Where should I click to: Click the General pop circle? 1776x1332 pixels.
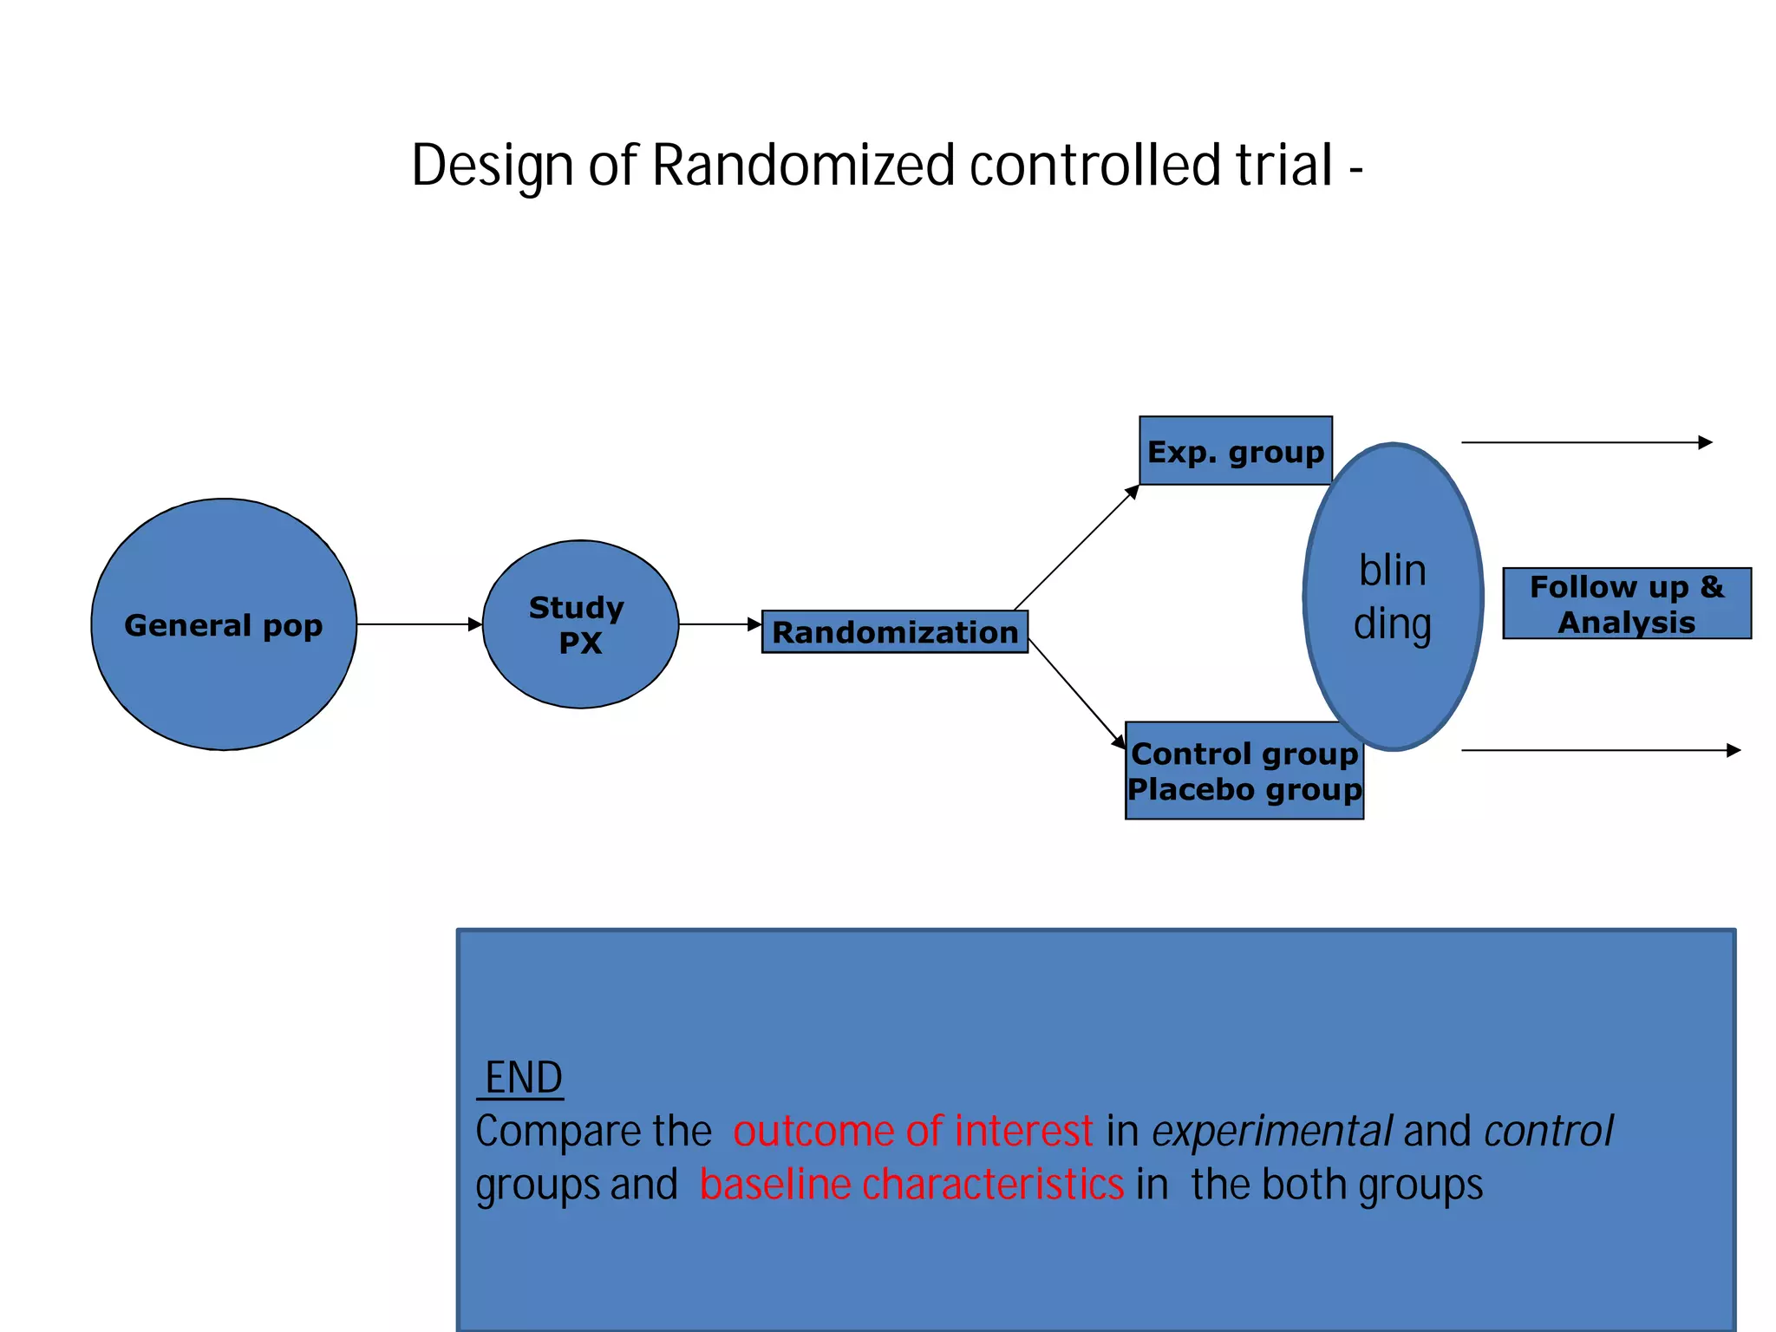pyautogui.click(x=224, y=624)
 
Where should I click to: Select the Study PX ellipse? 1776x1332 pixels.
pyautogui.click(x=579, y=624)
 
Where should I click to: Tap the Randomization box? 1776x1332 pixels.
pyautogui.click(x=894, y=632)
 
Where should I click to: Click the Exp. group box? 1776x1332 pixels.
pyautogui.click(x=1235, y=451)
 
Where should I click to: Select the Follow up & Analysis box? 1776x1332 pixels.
pyautogui.click(x=1626, y=604)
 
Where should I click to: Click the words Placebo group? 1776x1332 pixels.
pyautogui.click(x=1244, y=790)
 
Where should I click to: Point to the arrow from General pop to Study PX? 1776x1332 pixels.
pyautogui.click(x=419, y=624)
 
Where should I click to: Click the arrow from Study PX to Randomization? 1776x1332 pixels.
pyautogui.click(x=719, y=624)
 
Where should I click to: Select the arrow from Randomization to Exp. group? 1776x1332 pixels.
pyautogui.click(x=1075, y=548)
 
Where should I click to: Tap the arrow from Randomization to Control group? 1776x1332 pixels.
pyautogui.click(x=1076, y=694)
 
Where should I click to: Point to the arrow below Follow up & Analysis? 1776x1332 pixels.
pyautogui.click(x=1600, y=750)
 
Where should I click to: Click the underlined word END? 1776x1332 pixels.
pyautogui.click(x=523, y=1078)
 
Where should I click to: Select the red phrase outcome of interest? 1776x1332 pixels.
pyautogui.click(x=912, y=1132)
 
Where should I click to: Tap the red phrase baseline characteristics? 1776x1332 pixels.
pyautogui.click(x=911, y=1185)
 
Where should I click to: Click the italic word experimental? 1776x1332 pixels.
pyautogui.click(x=1271, y=1132)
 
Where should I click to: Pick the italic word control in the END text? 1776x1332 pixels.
pyautogui.click(x=1548, y=1132)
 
